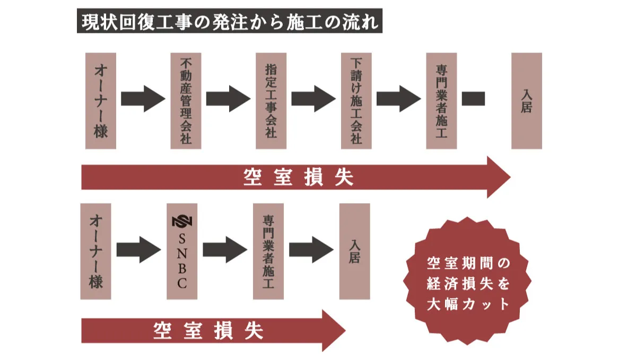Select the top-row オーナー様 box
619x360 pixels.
pos(101,101)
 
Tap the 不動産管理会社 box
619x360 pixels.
pos(186,101)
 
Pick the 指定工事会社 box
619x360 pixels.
pos(271,101)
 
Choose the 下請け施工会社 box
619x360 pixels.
pos(356,101)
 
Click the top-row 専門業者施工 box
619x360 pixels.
pos(441,101)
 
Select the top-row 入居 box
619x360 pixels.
pos(526,101)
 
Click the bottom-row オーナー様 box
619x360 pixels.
pos(96,251)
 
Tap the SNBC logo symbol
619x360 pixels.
pos(182,221)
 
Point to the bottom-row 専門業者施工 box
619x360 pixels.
pos(268,251)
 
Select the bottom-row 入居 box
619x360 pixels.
pos(354,251)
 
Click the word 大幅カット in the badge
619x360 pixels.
pos(468,304)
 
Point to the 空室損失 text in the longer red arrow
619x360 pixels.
pos(299,177)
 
